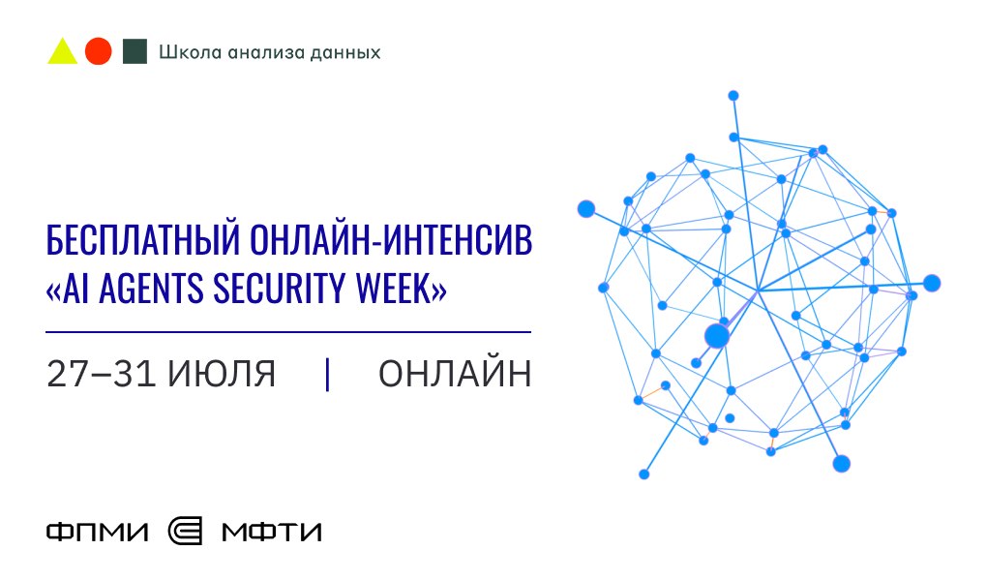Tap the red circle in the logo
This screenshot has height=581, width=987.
98,51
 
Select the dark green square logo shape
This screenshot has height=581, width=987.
135,51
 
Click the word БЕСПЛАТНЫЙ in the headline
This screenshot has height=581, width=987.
143,239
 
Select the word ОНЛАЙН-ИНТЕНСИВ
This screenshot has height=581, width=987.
391,239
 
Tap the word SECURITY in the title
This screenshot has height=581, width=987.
280,289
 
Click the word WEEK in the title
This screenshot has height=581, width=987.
392,289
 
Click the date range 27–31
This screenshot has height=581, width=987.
102,374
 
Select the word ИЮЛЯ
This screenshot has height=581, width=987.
222,375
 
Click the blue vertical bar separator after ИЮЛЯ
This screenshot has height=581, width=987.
327,375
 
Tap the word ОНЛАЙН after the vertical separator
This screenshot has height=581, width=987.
455,374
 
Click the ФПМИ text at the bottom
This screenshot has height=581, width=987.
98,532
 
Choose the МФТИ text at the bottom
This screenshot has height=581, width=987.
272,532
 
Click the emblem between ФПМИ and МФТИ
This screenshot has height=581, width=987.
186,532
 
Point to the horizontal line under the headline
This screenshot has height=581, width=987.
288,331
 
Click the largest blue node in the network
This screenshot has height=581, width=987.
717,337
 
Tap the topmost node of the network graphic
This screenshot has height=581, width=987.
733,96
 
